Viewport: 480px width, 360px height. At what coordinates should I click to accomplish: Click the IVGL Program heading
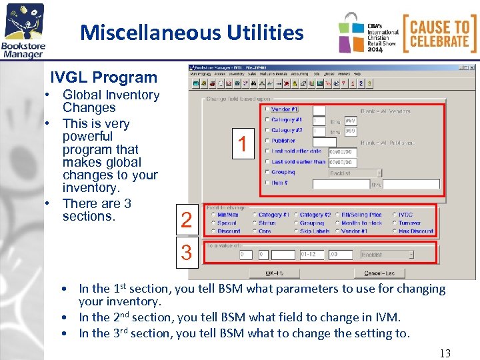pyautogui.click(x=104, y=77)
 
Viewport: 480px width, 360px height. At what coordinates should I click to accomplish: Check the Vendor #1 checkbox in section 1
pyautogui.click(x=267, y=109)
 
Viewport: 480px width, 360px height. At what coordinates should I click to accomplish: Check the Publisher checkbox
pyautogui.click(x=267, y=141)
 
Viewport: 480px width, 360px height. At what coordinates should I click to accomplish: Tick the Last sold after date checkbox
pyautogui.click(x=267, y=151)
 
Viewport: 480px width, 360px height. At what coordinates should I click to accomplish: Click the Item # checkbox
pyautogui.click(x=267, y=183)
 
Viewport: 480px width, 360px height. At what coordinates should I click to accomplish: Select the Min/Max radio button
pyautogui.click(x=213, y=215)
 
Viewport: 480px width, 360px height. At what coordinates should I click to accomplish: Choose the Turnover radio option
pyautogui.click(x=394, y=223)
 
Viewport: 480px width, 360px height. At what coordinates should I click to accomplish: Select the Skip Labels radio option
pyautogui.click(x=295, y=231)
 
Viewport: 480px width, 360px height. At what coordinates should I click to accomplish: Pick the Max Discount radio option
pyautogui.click(x=394, y=231)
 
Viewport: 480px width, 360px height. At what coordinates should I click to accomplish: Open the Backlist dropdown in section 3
pyautogui.click(x=387, y=255)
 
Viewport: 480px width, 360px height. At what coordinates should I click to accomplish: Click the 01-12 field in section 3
pyautogui.click(x=312, y=255)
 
